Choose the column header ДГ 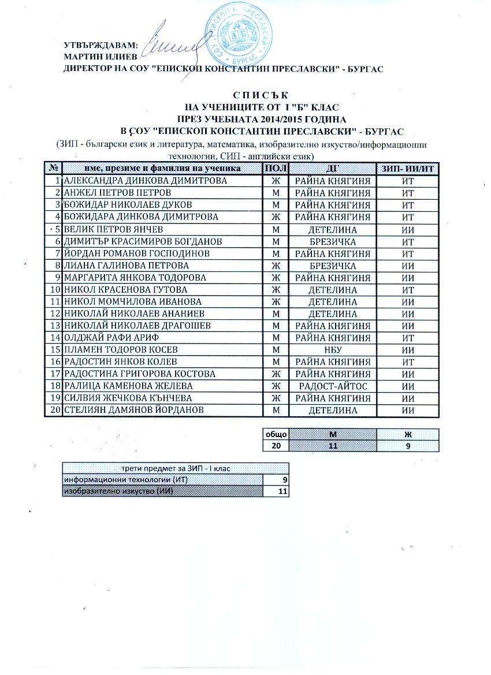click(x=332, y=168)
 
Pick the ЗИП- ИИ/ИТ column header click(x=408, y=168)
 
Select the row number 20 click(x=56, y=410)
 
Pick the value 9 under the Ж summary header click(x=408, y=446)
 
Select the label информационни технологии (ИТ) click(x=127, y=480)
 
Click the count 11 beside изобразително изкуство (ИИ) click(x=282, y=491)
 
